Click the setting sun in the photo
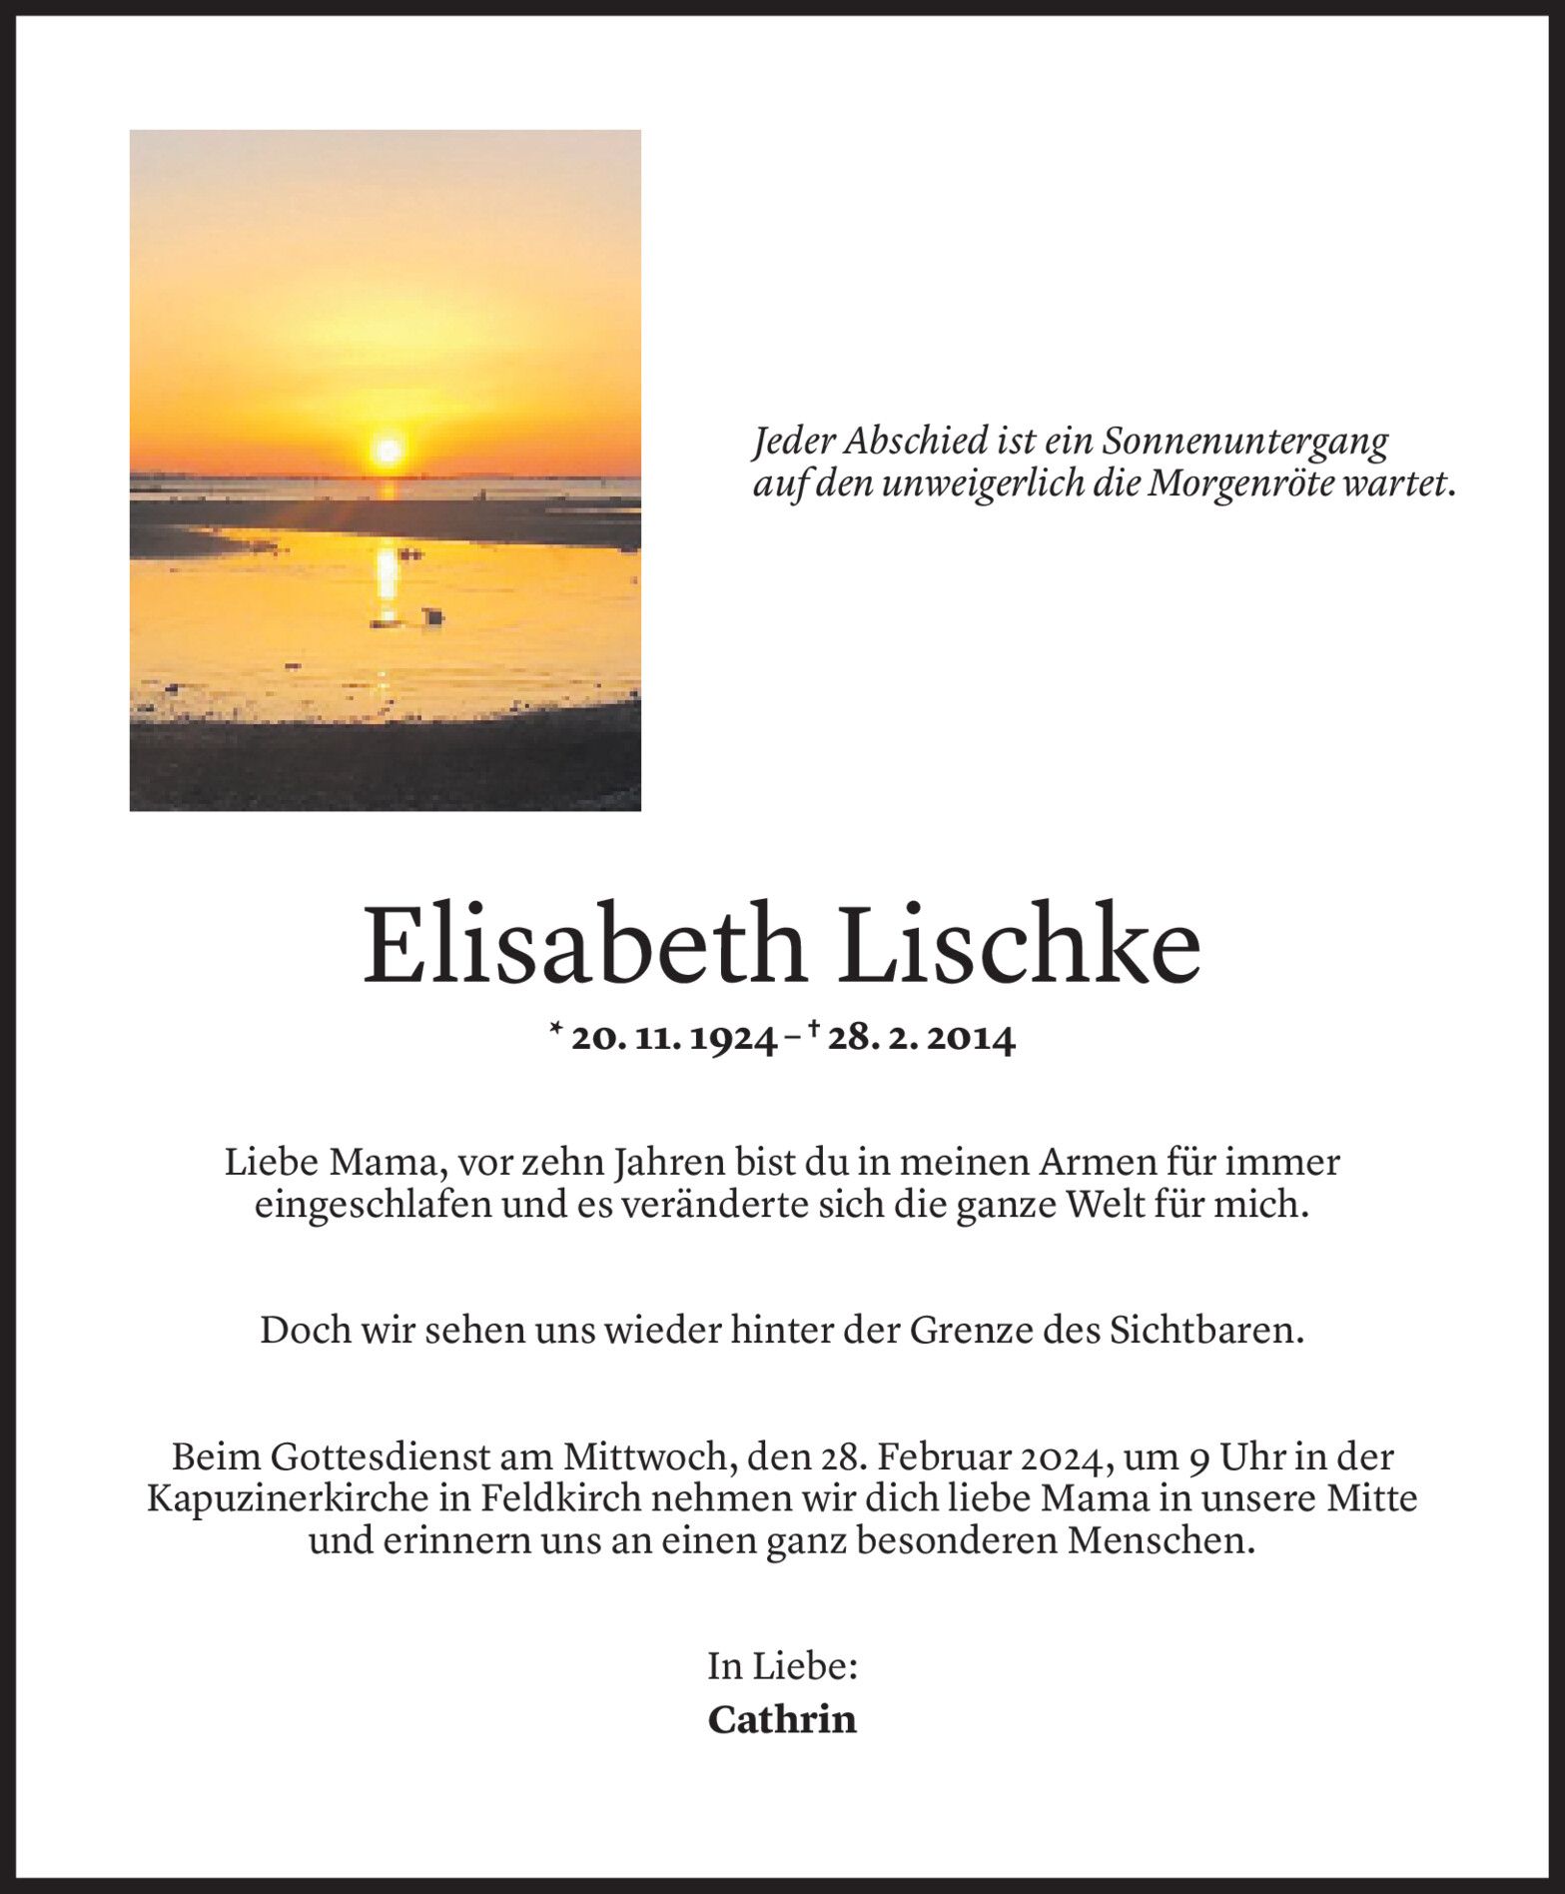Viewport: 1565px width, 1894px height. [387, 452]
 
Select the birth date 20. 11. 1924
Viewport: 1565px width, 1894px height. [673, 1040]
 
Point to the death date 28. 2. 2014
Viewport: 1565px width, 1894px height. [921, 1040]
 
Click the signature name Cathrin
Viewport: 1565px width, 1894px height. [782, 1719]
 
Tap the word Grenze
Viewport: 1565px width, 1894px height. [959, 1332]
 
